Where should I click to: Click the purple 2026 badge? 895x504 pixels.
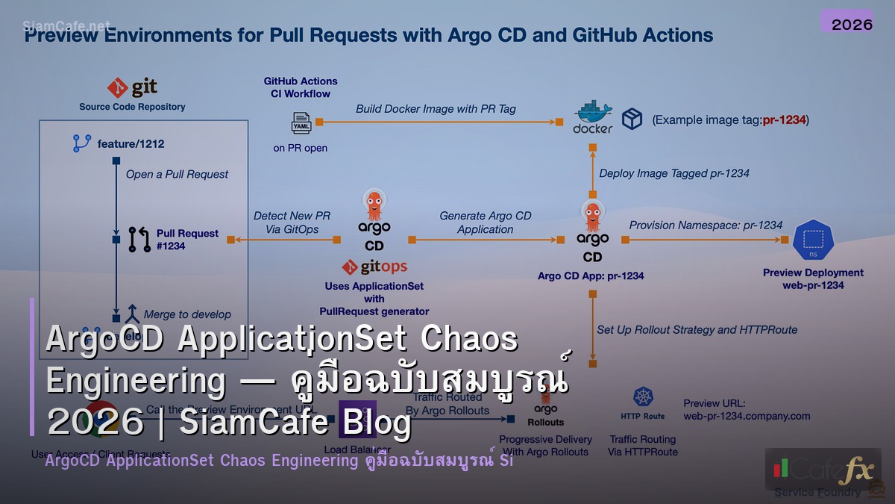click(x=852, y=24)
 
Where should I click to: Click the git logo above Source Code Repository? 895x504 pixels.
click(x=132, y=88)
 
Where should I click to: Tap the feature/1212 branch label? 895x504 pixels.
click(x=131, y=143)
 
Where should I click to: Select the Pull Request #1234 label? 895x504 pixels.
click(x=186, y=239)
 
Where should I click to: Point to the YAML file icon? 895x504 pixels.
click(x=301, y=122)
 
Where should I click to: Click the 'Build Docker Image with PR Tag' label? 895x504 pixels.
click(x=436, y=108)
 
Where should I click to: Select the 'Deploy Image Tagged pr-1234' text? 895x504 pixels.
click(x=674, y=173)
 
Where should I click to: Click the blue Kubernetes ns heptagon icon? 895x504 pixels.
click(x=813, y=240)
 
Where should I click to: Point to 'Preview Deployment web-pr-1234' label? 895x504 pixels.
click(x=813, y=279)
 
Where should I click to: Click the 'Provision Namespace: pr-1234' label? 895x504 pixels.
click(x=706, y=225)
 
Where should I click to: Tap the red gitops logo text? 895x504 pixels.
click(x=374, y=267)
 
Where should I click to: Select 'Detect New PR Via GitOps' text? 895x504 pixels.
click(x=292, y=223)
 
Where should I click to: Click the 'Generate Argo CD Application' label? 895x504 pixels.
click(x=485, y=223)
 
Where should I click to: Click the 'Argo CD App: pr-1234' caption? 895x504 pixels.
click(x=591, y=276)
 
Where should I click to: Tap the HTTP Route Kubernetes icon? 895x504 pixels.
click(x=643, y=398)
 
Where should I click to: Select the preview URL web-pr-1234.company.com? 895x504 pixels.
click(x=747, y=416)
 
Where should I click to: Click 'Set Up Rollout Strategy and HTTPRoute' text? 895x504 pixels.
click(x=697, y=329)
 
